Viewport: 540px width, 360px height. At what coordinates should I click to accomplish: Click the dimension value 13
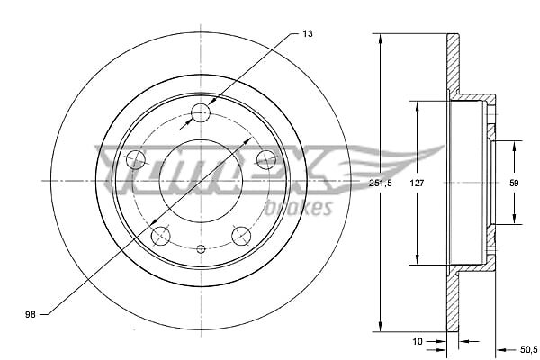pyautogui.click(x=308, y=34)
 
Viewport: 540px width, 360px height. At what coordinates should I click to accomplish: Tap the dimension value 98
pyautogui.click(x=31, y=314)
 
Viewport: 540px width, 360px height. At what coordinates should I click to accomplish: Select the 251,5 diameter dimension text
pyautogui.click(x=380, y=183)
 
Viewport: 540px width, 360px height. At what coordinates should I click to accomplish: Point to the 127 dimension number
pyautogui.click(x=417, y=183)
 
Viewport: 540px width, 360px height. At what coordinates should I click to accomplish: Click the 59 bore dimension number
pyautogui.click(x=514, y=183)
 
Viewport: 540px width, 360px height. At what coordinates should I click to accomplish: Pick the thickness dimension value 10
pyautogui.click(x=417, y=341)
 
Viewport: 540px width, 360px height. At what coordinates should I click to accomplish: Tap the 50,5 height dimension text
pyautogui.click(x=528, y=350)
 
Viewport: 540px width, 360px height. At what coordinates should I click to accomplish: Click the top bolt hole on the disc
pyautogui.click(x=201, y=112)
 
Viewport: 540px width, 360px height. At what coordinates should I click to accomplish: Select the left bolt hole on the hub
pyautogui.click(x=136, y=159)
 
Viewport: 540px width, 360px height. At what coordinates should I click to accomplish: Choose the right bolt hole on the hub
pyautogui.click(x=266, y=159)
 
